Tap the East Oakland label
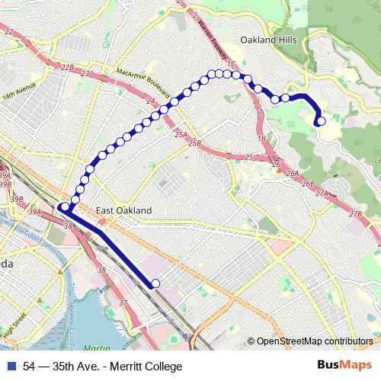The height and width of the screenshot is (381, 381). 124,210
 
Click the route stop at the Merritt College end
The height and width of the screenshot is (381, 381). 321,120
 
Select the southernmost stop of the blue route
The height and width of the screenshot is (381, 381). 155,284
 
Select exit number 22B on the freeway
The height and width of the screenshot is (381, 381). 67,68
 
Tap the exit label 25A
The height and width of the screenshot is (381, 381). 181,134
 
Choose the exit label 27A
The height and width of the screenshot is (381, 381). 322,195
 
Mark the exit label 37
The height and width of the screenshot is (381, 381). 123,303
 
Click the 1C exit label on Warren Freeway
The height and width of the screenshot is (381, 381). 234,66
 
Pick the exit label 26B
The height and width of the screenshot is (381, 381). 308,184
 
